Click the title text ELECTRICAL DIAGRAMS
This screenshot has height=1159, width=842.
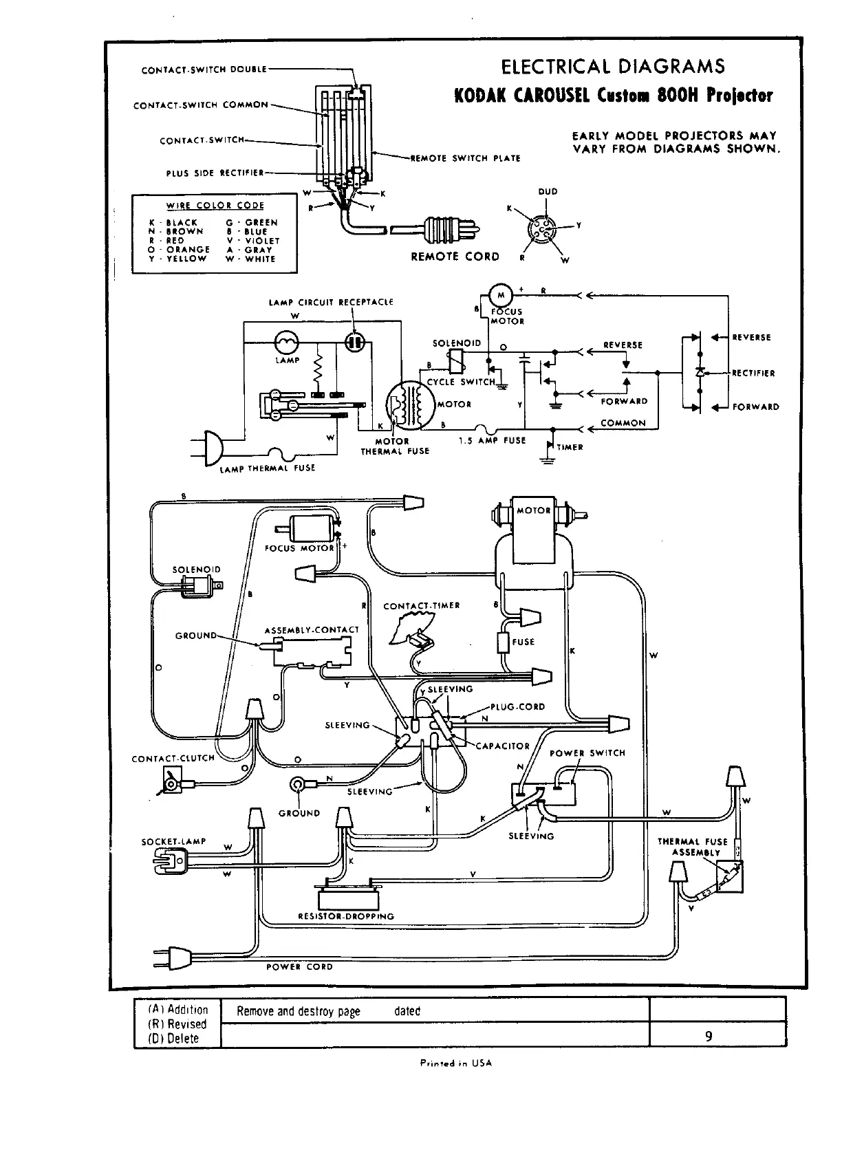(x=613, y=67)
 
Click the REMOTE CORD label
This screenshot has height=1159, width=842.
(x=455, y=257)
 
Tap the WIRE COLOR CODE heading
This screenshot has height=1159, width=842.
(x=215, y=206)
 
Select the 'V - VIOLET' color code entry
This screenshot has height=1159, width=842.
(x=253, y=241)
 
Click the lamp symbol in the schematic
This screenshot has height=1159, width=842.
(x=286, y=343)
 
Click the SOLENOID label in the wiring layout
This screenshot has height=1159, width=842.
(x=196, y=570)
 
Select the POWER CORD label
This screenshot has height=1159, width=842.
(x=299, y=966)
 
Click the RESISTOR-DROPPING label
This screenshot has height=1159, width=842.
(x=346, y=916)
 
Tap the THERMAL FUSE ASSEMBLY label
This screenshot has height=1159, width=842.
(x=692, y=847)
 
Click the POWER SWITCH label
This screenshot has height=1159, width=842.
(x=587, y=753)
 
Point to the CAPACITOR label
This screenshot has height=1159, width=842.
(x=503, y=746)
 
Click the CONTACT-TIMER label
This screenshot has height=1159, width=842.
(x=422, y=606)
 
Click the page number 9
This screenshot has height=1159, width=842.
(x=709, y=1037)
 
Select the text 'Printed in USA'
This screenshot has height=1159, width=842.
(x=456, y=1063)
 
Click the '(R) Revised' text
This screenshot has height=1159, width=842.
(x=177, y=1024)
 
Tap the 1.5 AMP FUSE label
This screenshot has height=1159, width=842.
(x=492, y=441)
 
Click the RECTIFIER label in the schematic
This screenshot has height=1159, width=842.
(x=753, y=373)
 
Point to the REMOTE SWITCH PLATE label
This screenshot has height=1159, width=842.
(x=465, y=158)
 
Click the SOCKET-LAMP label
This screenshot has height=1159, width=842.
(x=173, y=841)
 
